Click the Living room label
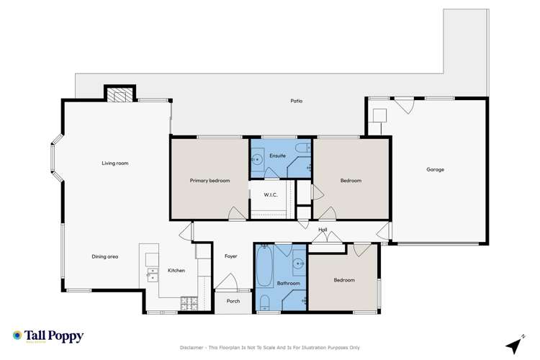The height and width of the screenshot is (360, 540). coord(114,163)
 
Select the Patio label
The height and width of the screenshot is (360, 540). coord(296,101)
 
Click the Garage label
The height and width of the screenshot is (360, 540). coord(435,170)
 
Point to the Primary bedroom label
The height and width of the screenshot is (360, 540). coord(210,181)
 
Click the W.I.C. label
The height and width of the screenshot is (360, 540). coord(271,195)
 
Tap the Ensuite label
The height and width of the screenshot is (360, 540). coord(278,156)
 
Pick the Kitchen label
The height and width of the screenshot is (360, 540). coord(176,271)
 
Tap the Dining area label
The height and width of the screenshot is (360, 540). coord(104,256)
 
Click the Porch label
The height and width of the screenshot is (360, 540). coord(233,301)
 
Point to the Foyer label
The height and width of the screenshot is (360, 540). coord(231,256)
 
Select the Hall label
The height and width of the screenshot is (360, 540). coord(323,230)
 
